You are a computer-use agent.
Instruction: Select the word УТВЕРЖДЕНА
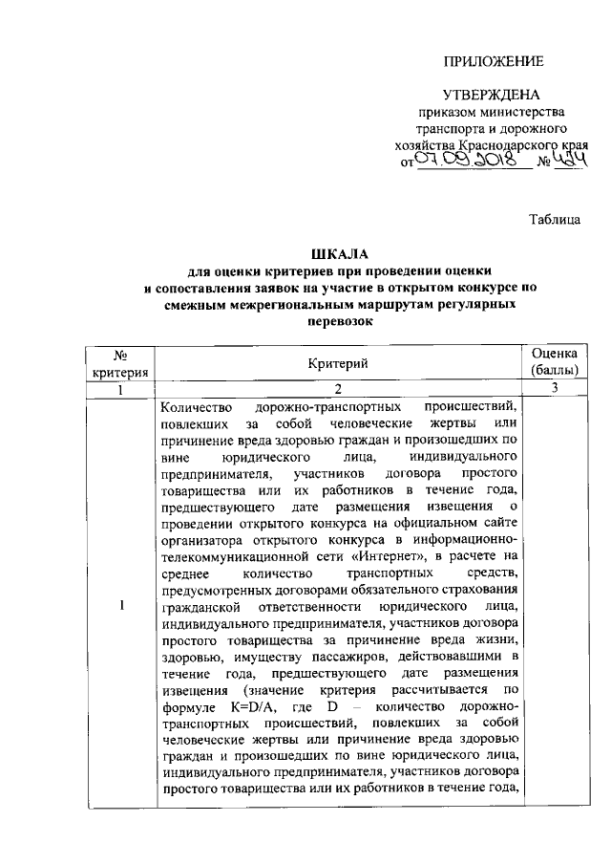coord(492,96)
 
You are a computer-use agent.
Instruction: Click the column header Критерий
coord(338,363)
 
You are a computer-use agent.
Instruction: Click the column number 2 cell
coord(338,390)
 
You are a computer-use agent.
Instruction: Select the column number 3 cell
coord(554,390)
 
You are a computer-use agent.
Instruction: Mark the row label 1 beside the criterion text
coord(121,605)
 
